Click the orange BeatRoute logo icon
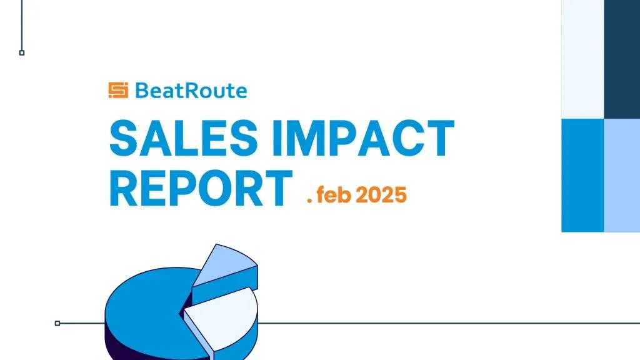point(118,90)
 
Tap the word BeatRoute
point(191,91)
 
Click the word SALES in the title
point(184,138)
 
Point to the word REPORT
point(201,189)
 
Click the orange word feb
point(334,194)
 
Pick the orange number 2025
point(381,195)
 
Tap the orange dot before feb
point(309,201)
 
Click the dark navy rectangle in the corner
point(622,59)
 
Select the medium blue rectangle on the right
point(582,176)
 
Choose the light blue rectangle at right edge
point(622,176)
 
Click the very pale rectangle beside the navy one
point(582,59)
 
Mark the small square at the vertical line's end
point(22,52)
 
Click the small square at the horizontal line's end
point(57,323)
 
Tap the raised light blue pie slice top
point(225,265)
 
